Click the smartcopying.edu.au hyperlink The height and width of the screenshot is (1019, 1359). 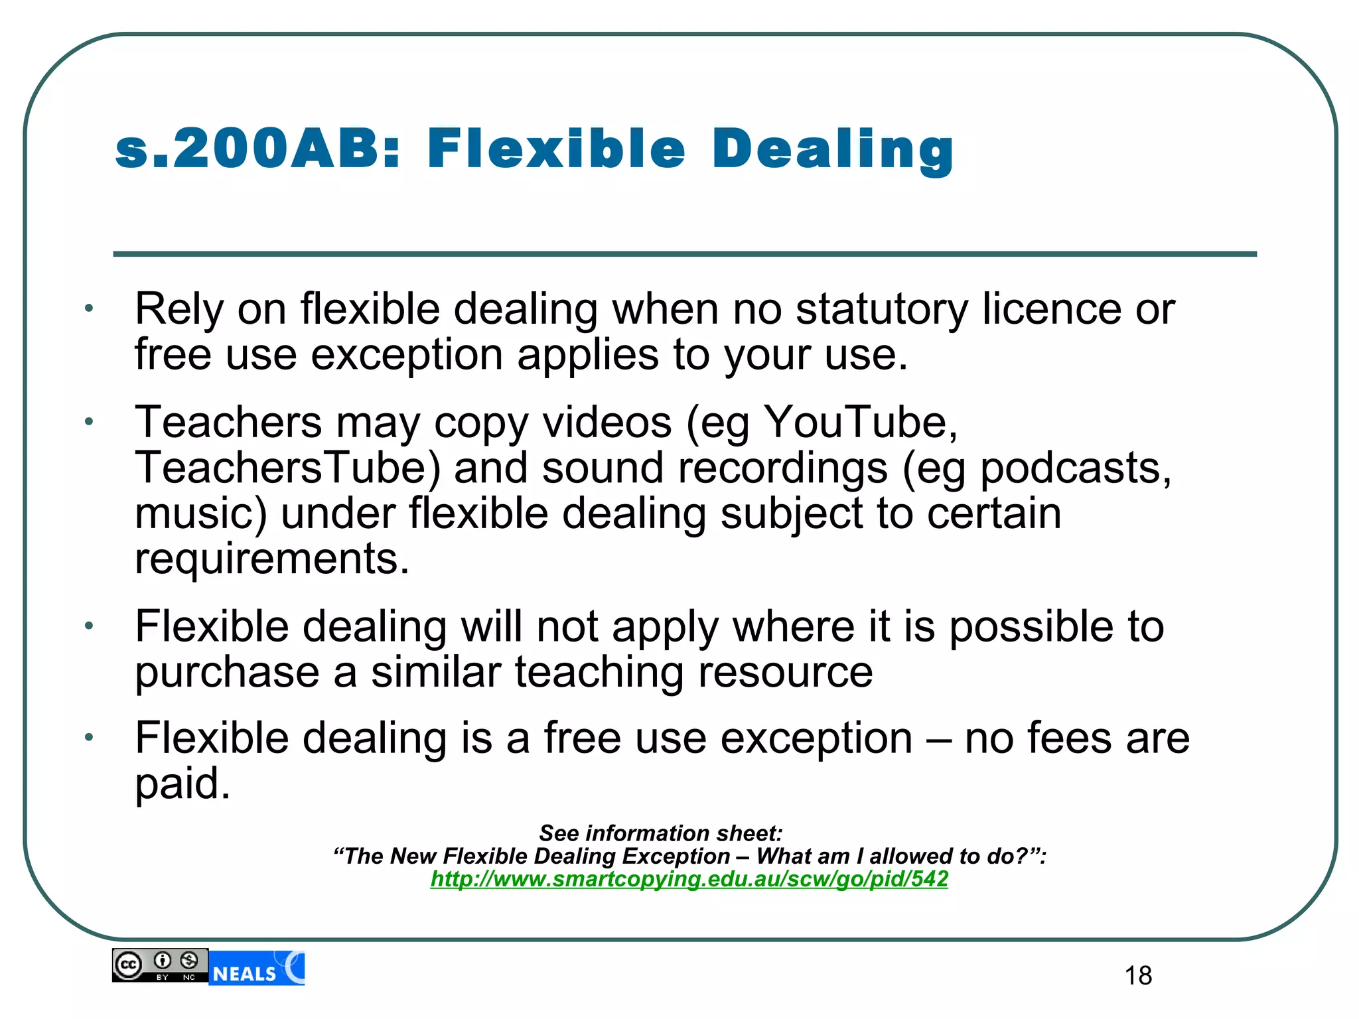[x=689, y=879]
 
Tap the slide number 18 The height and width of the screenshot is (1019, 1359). [x=1138, y=976]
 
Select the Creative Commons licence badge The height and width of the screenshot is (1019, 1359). [x=160, y=965]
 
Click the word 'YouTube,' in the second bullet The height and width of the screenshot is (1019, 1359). [x=861, y=423]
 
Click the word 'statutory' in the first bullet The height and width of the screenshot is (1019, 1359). [x=882, y=310]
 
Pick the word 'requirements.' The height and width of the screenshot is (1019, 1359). [x=272, y=559]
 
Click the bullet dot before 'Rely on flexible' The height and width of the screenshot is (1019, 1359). [x=89, y=308]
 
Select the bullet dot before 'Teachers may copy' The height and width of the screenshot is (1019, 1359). [x=89, y=422]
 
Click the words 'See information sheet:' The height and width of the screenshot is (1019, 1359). [x=661, y=833]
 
